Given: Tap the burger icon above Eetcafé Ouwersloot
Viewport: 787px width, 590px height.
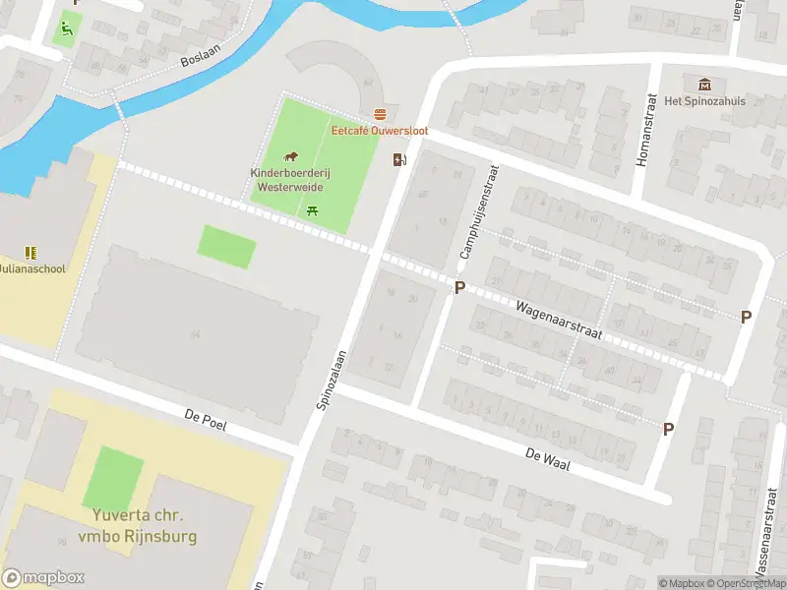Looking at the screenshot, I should tap(380, 114).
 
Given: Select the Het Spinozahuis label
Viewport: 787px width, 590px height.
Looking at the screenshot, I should tap(703, 101).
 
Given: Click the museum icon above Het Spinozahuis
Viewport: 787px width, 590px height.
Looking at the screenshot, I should tap(703, 86).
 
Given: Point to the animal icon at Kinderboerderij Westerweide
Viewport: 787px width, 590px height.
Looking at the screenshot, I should tap(291, 156).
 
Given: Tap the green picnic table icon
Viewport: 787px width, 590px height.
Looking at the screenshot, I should tap(313, 209).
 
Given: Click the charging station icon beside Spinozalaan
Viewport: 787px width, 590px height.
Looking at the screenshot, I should tap(399, 159).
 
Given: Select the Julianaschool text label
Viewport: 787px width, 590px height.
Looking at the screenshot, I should tap(31, 268).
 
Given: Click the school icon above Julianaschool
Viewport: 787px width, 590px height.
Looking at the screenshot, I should tap(30, 253).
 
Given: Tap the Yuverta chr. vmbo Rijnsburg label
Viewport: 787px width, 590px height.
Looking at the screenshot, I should tap(139, 526).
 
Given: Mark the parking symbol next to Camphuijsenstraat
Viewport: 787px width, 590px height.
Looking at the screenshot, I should tap(459, 287).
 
